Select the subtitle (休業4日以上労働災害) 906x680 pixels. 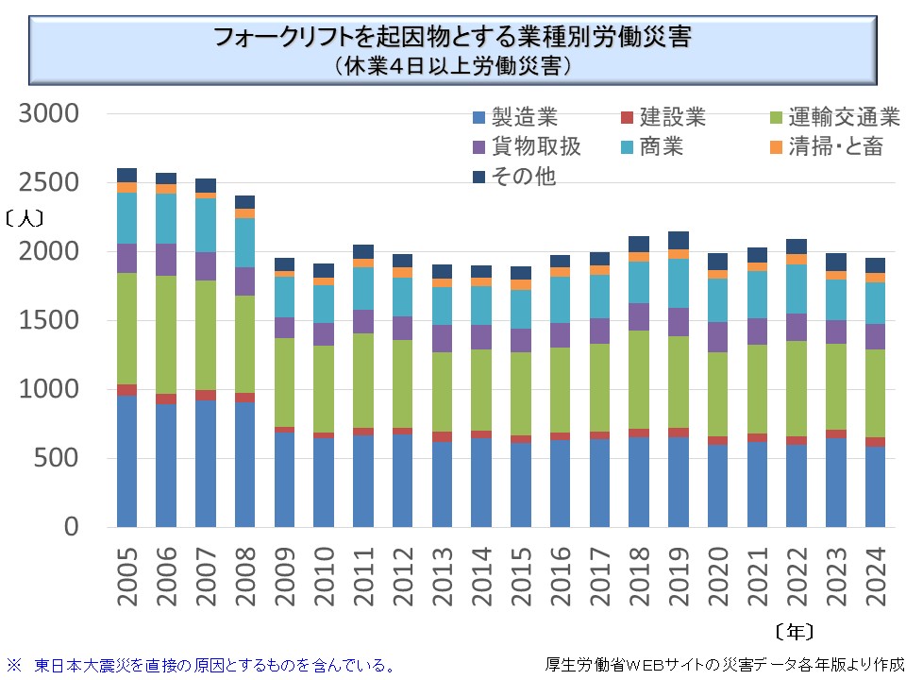tap(453, 67)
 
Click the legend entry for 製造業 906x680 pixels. tap(515, 118)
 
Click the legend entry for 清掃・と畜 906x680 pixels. tap(828, 147)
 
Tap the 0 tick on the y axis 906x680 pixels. tap(72, 528)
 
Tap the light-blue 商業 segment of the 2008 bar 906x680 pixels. tap(244, 243)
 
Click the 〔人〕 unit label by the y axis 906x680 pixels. tap(25, 216)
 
